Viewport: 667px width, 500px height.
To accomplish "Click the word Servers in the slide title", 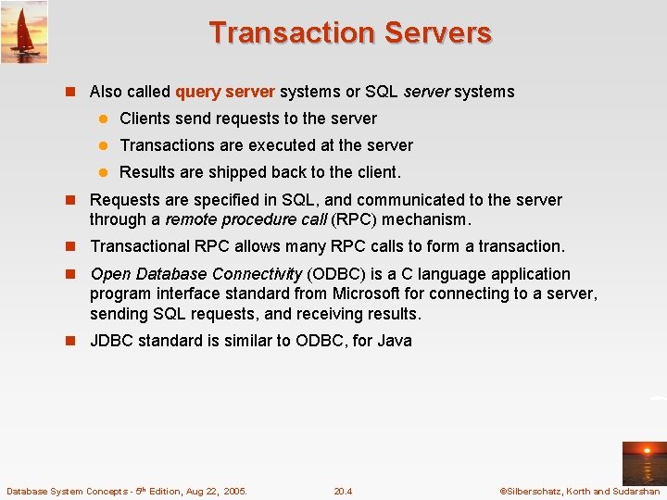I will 436,32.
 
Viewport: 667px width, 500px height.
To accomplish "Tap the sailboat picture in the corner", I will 24,32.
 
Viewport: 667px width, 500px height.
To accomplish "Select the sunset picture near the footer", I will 643,464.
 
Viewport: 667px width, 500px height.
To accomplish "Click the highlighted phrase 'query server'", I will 225,92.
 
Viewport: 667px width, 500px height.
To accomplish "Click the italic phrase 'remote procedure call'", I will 245,220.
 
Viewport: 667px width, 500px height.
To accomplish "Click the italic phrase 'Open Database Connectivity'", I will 195,274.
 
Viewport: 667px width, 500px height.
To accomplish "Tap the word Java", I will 394,341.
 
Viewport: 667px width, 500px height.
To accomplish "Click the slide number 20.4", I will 343,492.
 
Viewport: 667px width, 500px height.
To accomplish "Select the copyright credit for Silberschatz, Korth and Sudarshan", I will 579,492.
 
